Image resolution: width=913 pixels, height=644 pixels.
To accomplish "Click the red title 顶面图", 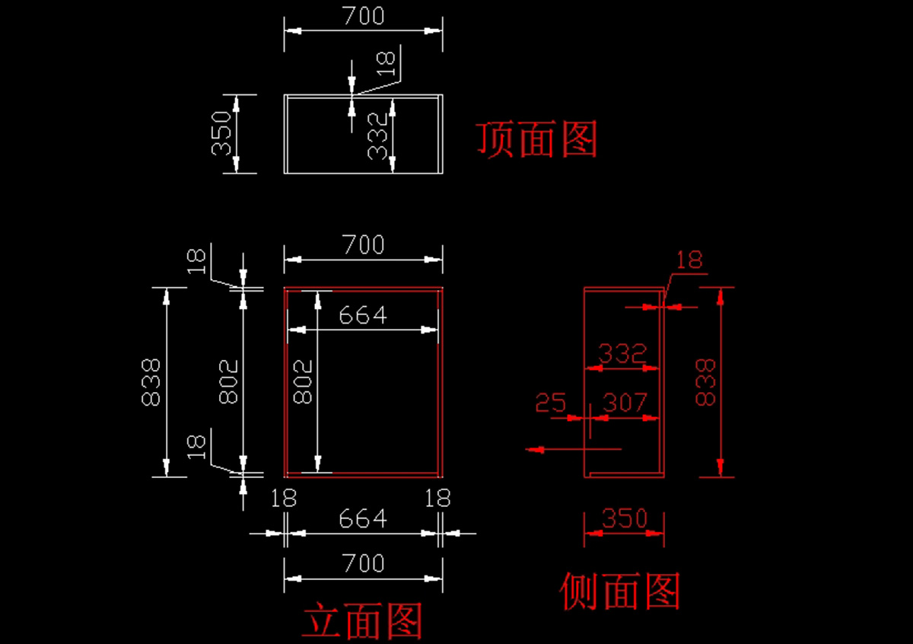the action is coord(537,139).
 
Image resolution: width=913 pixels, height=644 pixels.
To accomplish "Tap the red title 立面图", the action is coord(362,620).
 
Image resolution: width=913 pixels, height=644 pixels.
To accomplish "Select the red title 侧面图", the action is coord(620,591).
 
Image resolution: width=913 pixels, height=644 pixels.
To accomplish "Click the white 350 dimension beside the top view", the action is coord(221,133).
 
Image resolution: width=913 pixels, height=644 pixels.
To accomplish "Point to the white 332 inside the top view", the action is coord(377,135).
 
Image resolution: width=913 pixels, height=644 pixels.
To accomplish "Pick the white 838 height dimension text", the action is coord(151,382).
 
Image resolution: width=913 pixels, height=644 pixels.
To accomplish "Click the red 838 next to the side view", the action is coord(705,382).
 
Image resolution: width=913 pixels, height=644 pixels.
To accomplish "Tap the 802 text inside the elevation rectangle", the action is coord(303,381).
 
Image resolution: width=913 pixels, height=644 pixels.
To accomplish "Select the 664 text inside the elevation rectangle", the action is coord(363,315).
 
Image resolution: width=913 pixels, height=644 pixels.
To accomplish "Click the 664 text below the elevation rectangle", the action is coord(363,518).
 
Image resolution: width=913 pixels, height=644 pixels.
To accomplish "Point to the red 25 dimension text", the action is coord(551,402).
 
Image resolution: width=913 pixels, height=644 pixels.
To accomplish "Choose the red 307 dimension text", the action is coord(625,402).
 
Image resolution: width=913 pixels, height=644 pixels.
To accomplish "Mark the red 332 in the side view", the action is coord(622,353).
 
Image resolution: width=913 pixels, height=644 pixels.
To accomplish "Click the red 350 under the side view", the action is coord(625,518).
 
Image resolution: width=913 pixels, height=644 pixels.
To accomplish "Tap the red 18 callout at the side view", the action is coord(689,260).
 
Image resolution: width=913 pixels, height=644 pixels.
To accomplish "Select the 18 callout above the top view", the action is coord(386,63).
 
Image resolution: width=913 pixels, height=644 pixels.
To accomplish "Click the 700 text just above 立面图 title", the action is coord(364,563).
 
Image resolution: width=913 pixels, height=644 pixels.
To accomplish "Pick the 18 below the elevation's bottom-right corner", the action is coord(437,498).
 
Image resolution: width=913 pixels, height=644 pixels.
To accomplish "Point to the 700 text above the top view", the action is coord(364,16).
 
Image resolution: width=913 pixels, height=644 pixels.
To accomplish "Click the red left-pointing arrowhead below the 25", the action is coord(535,449).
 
